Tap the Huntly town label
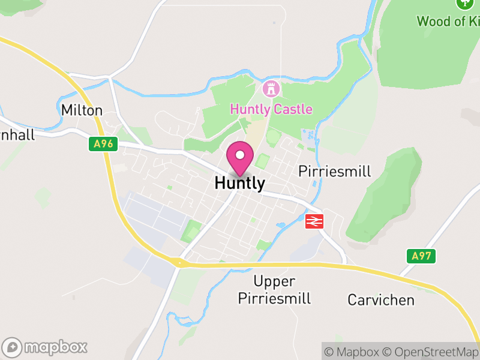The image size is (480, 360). coord(239,183)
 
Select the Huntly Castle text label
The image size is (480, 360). coord(272,109)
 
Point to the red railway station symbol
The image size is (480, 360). coord(314,221)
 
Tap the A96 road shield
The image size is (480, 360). coord(103,144)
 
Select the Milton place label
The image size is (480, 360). coord(82,110)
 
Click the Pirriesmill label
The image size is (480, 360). coord(335,172)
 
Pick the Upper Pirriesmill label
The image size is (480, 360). coord(274,290)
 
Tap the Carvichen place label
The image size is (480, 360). coord(381,299)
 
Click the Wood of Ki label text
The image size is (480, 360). coord(448,22)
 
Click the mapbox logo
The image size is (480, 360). coord(46,347)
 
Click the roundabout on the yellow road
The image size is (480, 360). coord(178,262)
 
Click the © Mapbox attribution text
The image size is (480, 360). coord(353,351)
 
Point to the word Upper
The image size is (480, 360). coord(274,281)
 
